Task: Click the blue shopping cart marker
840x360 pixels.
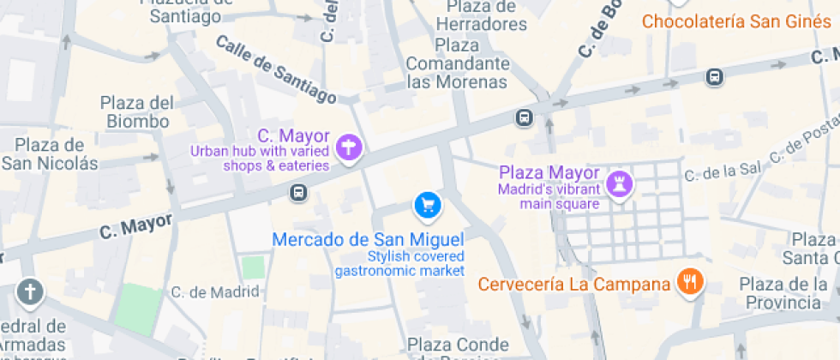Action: (x=427, y=205)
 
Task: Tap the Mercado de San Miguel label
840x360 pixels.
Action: (x=368, y=239)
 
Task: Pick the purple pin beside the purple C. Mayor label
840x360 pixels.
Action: (x=348, y=149)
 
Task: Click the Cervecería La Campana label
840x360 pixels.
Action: (x=573, y=284)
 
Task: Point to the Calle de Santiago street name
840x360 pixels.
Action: (x=275, y=69)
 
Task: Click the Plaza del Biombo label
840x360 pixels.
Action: (x=137, y=112)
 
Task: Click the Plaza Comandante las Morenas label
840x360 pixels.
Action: (x=457, y=63)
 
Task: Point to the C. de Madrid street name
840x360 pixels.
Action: (x=214, y=292)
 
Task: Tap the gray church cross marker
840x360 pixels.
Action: (x=31, y=292)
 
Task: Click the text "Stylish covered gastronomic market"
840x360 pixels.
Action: (x=399, y=264)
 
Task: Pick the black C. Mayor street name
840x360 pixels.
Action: (x=135, y=226)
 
